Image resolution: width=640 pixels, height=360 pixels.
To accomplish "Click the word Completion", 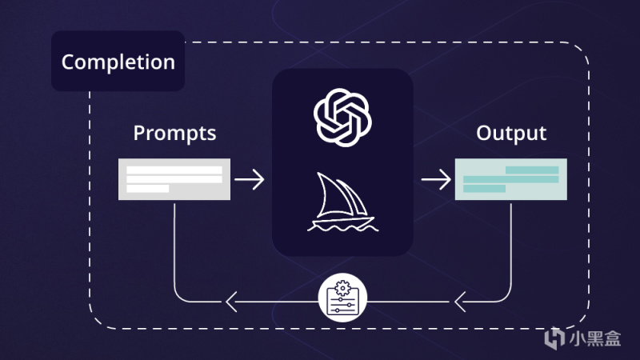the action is [x=118, y=62].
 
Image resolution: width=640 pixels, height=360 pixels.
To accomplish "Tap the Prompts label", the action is [x=174, y=134].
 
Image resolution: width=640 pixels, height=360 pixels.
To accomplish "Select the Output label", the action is [x=511, y=133].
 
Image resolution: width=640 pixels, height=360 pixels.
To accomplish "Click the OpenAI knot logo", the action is [x=342, y=118].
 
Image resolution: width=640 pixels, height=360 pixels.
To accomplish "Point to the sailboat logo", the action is [x=342, y=202].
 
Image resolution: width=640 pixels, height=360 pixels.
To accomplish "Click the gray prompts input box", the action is [x=174, y=179].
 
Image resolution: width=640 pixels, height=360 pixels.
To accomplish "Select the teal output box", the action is [x=511, y=179].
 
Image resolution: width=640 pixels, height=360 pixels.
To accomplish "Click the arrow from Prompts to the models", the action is [x=250, y=179].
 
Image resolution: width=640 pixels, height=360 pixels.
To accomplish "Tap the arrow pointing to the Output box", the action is [x=436, y=179].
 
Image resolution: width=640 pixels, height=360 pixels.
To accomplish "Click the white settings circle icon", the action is [x=342, y=298].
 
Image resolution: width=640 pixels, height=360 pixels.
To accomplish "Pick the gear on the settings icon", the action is [x=342, y=288].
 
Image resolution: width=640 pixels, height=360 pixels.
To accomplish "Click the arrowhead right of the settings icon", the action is [x=460, y=302].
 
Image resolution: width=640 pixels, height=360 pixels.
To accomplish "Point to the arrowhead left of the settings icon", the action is [x=231, y=302].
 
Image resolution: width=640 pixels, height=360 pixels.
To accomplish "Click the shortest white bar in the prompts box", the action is [x=148, y=189].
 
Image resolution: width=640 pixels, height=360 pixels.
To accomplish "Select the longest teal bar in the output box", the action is [x=511, y=179].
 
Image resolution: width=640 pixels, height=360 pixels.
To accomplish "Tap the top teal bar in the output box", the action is [x=532, y=170].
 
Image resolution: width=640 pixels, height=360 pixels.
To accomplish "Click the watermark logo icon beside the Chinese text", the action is [x=554, y=338].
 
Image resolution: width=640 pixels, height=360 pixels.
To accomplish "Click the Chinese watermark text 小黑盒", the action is [x=595, y=338].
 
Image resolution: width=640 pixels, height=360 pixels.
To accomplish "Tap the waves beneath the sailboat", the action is [x=343, y=228].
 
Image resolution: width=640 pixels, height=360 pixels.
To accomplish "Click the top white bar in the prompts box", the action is [x=174, y=170].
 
